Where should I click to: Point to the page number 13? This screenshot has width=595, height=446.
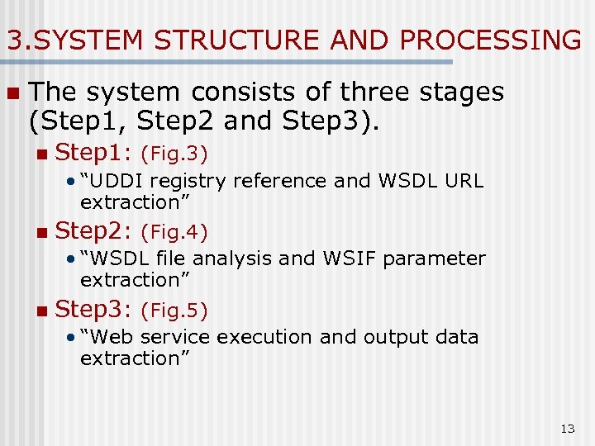click(x=568, y=429)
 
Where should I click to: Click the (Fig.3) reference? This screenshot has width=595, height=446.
click(x=174, y=154)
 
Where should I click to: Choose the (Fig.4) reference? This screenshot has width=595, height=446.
click(x=174, y=231)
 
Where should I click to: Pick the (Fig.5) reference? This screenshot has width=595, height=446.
click(x=174, y=311)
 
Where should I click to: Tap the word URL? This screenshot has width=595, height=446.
click(x=465, y=181)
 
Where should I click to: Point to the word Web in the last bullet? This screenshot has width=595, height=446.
click(x=111, y=337)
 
